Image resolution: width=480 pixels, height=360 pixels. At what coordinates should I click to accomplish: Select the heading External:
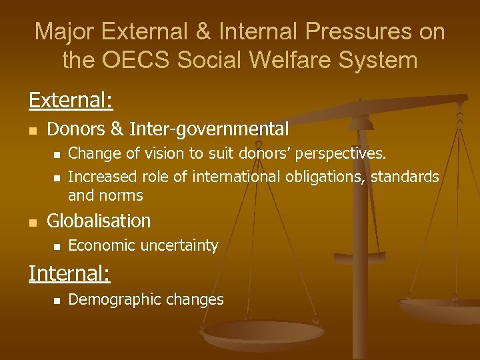[x=71, y=100]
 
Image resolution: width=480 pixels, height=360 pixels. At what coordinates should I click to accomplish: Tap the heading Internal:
[x=69, y=273]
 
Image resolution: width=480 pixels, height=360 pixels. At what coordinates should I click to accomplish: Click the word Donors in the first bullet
[x=75, y=129]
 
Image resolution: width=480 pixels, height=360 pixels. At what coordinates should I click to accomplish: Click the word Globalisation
[x=99, y=221]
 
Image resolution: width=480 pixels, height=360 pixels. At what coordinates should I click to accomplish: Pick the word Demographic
[x=110, y=299]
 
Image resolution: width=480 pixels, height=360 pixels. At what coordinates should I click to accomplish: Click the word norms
[x=121, y=195]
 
